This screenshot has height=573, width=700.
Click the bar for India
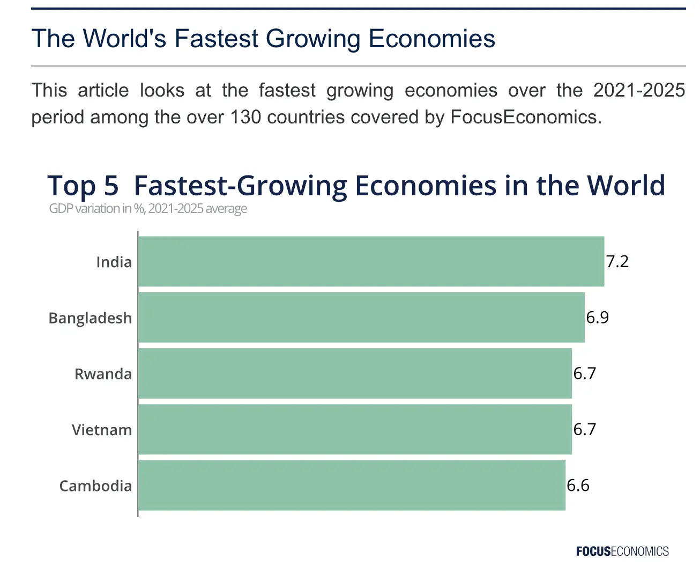[x=371, y=261]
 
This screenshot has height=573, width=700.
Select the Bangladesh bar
[x=361, y=317]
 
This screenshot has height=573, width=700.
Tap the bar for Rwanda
[x=355, y=373]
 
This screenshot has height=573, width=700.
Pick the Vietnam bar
[x=355, y=429]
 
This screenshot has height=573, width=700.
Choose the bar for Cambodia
[x=352, y=485]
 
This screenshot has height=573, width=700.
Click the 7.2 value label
[x=617, y=261]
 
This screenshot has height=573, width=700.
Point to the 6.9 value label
[x=597, y=317]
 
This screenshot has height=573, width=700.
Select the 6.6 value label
[x=578, y=485]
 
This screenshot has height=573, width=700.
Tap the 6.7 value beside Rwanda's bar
[x=584, y=373]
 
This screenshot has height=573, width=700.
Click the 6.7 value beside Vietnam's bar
[x=584, y=429]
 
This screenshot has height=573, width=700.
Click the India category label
[x=114, y=262]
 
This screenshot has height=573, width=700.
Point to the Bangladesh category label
[x=90, y=318]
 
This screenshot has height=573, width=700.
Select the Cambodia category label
[x=95, y=486]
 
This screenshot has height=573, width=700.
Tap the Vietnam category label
[x=102, y=430]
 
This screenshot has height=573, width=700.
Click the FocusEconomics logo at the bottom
[x=622, y=551]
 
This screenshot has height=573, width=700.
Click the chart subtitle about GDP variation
[x=148, y=208]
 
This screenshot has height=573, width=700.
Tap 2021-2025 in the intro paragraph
[x=639, y=90]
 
